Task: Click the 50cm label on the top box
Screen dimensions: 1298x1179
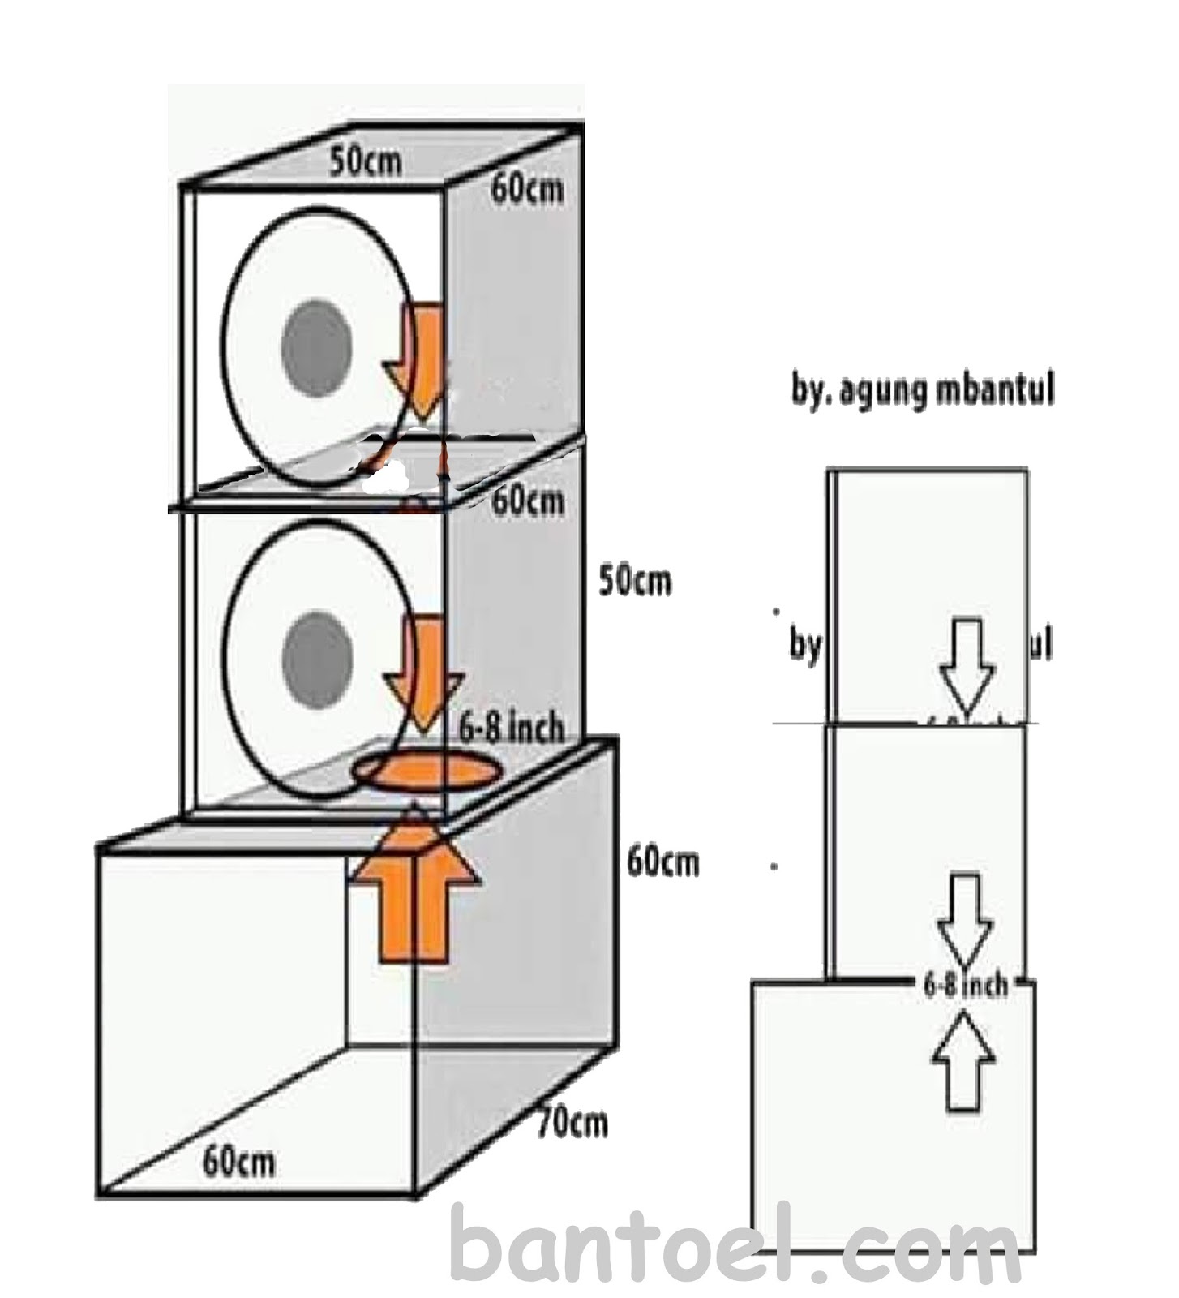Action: point(365,161)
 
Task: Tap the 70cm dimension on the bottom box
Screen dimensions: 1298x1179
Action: point(572,1123)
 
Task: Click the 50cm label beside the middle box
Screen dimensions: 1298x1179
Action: point(635,581)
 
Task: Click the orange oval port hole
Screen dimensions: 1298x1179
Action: point(425,771)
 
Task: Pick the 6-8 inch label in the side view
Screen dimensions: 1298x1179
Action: point(966,985)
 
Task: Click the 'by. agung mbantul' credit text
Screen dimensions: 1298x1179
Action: point(922,392)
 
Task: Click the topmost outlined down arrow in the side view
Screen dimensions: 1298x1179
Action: point(966,664)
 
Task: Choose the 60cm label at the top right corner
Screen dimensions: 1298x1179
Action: point(526,189)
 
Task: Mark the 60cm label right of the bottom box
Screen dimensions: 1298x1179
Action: point(662,862)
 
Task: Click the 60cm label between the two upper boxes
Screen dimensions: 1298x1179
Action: point(528,500)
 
